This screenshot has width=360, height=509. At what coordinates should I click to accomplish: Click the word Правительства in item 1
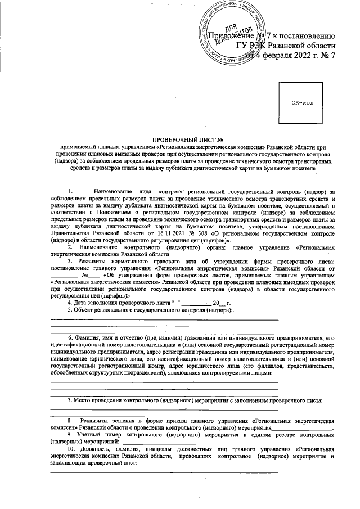pyautogui.click(x=74, y=232)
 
